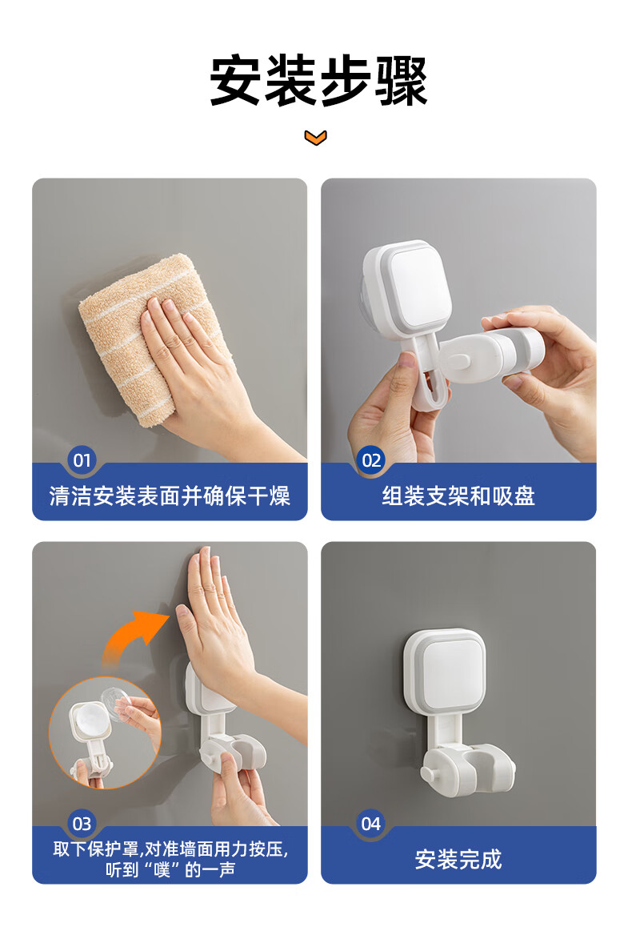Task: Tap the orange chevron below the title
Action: pos(316,138)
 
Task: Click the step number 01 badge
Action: pos(82,460)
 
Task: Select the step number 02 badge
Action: pos(371,460)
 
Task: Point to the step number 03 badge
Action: pos(82,824)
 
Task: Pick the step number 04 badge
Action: pos(371,824)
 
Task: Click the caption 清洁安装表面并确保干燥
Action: pos(170,496)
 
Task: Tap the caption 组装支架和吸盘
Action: pos(458,496)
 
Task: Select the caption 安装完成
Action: pos(458,860)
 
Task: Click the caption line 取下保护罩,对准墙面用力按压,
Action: pos(171,849)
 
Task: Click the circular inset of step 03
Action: pos(105,732)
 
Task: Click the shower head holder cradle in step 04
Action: pos(476,770)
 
